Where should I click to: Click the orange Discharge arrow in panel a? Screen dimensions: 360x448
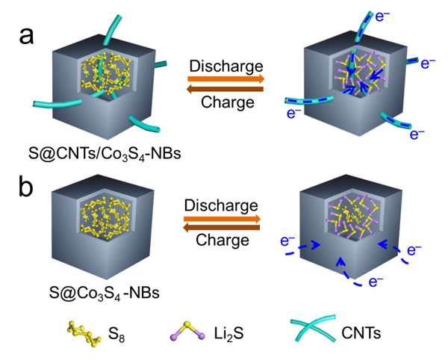(x=225, y=78)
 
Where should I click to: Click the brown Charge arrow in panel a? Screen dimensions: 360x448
(x=225, y=89)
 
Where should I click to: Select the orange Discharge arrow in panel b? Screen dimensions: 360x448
(x=224, y=219)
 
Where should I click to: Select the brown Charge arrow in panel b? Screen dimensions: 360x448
(x=224, y=228)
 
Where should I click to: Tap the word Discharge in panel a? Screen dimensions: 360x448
(x=225, y=65)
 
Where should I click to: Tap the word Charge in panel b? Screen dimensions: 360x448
(x=224, y=240)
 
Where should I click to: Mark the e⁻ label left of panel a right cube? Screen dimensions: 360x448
(x=295, y=116)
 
